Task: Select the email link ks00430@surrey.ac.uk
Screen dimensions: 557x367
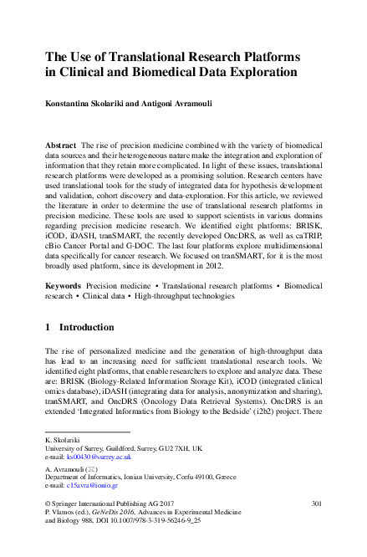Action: coord(99,457)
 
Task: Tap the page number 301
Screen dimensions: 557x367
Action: coord(316,503)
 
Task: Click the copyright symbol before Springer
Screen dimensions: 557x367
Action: coord(47,503)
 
